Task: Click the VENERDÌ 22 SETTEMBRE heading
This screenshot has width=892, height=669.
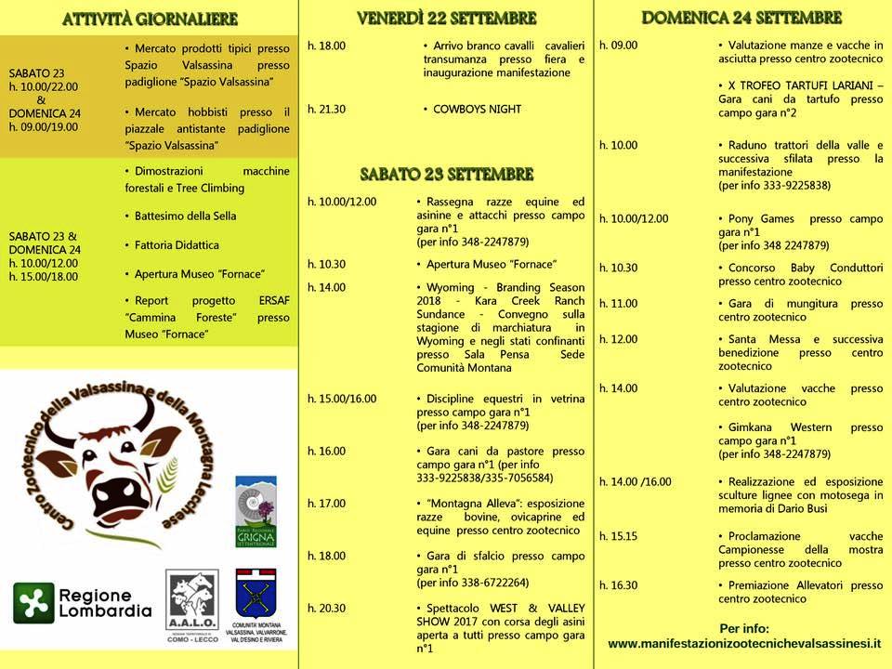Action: (447, 19)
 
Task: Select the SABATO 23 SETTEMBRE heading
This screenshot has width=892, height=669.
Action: (447, 174)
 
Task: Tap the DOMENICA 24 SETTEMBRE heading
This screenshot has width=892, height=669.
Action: (741, 18)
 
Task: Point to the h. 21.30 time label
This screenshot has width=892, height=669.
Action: (326, 109)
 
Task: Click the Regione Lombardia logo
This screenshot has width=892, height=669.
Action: (83, 603)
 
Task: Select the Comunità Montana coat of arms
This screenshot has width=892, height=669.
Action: (256, 594)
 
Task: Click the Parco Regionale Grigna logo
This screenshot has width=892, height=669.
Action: (256, 512)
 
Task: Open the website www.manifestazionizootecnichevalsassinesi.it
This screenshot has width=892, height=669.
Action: (743, 644)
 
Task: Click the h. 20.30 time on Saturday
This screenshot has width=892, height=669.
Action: (326, 608)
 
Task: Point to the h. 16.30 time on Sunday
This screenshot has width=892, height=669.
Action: (618, 585)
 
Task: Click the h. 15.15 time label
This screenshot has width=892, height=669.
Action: (618, 536)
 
